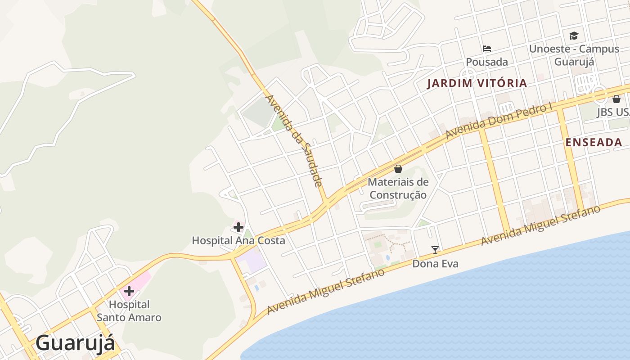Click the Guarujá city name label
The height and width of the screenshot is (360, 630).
(75, 343)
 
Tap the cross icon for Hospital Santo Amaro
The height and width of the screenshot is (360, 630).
(129, 291)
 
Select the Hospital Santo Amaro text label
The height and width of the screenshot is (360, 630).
(129, 311)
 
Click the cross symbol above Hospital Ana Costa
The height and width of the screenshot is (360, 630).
(238, 227)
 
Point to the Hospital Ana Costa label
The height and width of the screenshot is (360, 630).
(238, 240)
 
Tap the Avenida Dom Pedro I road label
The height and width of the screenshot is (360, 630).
(499, 121)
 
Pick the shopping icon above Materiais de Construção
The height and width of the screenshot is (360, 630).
(398, 169)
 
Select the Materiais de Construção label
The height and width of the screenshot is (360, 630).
(398, 189)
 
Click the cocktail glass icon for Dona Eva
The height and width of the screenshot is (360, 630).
(435, 250)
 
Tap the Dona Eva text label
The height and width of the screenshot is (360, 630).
(435, 264)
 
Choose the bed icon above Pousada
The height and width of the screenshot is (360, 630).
(487, 48)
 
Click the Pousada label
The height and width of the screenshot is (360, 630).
(487, 62)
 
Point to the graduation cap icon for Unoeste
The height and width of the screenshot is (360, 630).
(574, 36)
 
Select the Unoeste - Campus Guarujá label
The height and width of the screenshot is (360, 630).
(574, 55)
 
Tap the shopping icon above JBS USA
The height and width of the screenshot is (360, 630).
(616, 99)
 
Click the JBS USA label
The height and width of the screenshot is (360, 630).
(613, 112)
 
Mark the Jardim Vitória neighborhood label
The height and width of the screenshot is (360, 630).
(477, 83)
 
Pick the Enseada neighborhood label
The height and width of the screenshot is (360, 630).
(594, 143)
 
